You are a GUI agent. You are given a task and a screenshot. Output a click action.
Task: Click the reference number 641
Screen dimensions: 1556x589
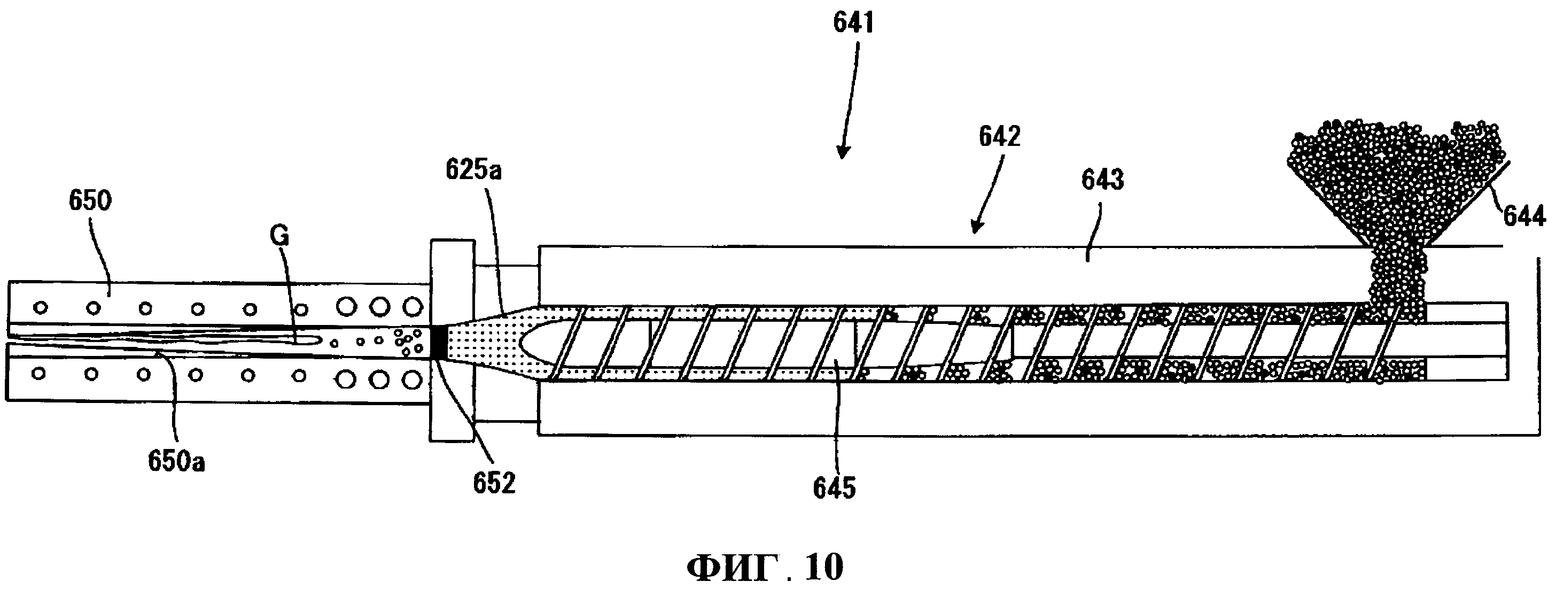click(x=853, y=23)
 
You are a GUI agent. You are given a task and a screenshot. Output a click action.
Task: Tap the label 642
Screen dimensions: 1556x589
click(x=1000, y=136)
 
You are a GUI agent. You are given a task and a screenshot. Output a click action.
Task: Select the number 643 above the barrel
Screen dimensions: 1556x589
click(x=1102, y=180)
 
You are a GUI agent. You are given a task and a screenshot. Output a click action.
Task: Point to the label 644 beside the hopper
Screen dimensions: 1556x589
click(x=1524, y=216)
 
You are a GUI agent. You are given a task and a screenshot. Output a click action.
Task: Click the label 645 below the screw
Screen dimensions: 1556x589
click(x=834, y=488)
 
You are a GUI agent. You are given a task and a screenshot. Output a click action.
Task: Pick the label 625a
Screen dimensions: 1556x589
click(x=473, y=170)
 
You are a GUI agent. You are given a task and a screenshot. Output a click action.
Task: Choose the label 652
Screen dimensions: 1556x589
click(x=494, y=483)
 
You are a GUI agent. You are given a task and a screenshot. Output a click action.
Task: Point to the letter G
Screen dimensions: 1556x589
click(x=279, y=236)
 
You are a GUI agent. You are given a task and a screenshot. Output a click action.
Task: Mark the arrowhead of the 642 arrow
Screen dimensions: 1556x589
click(x=974, y=227)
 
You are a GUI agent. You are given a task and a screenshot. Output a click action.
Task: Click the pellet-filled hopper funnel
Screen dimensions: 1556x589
click(x=1395, y=184)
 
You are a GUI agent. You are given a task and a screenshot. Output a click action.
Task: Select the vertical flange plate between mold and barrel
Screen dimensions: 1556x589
click(x=452, y=340)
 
